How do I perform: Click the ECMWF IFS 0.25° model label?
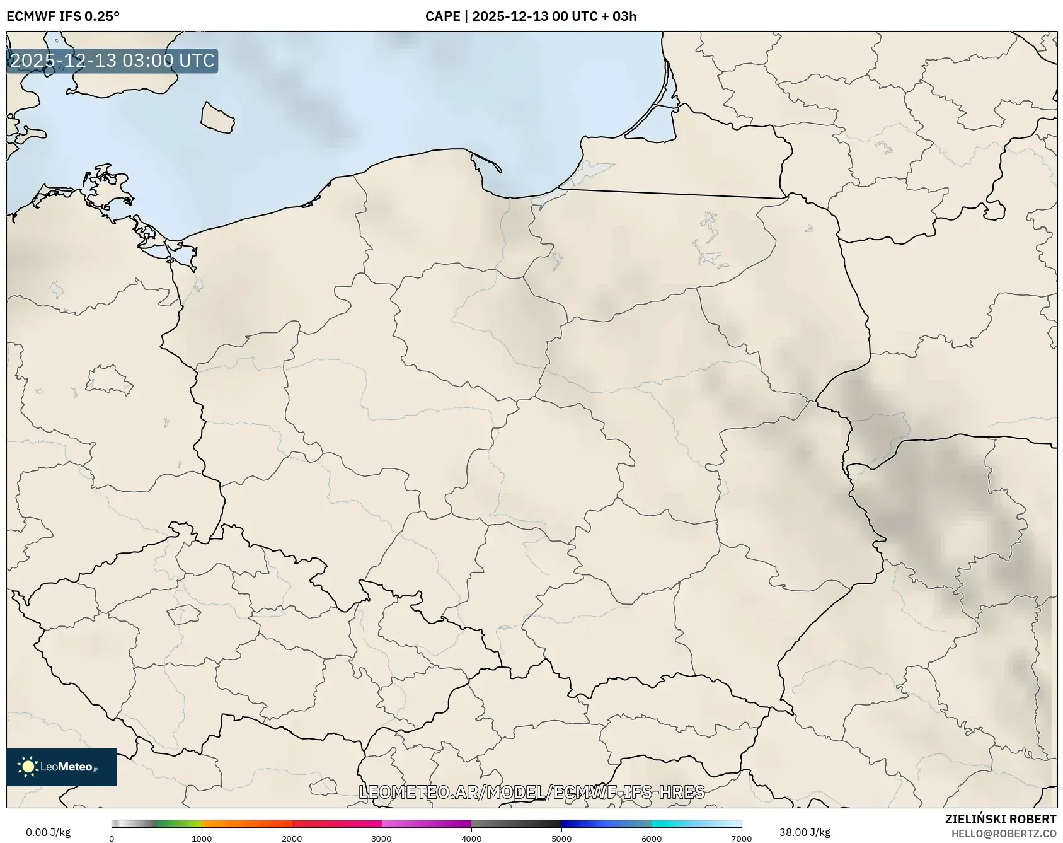coord(63,16)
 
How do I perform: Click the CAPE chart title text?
coord(531,16)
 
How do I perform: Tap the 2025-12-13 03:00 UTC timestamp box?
coord(112,61)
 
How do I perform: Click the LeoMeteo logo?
coord(62,767)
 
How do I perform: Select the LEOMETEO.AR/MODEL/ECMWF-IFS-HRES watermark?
coord(531,792)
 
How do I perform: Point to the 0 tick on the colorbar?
coord(112,839)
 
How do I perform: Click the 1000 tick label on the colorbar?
coord(202,839)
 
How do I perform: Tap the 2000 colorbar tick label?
coord(292,839)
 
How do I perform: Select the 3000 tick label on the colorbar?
coord(381,839)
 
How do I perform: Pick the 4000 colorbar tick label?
coord(471,839)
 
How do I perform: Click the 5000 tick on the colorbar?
coord(561,839)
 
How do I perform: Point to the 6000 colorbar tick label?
coord(652,839)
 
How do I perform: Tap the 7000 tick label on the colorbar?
coord(741,839)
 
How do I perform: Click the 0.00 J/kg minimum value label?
coord(48,832)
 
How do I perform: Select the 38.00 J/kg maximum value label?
coord(805,832)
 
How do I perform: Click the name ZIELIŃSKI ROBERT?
coord(1000,819)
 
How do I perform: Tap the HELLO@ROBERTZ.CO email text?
coord(1003,834)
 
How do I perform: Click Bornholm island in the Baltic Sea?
coord(217,118)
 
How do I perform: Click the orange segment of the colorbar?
coord(246,823)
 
